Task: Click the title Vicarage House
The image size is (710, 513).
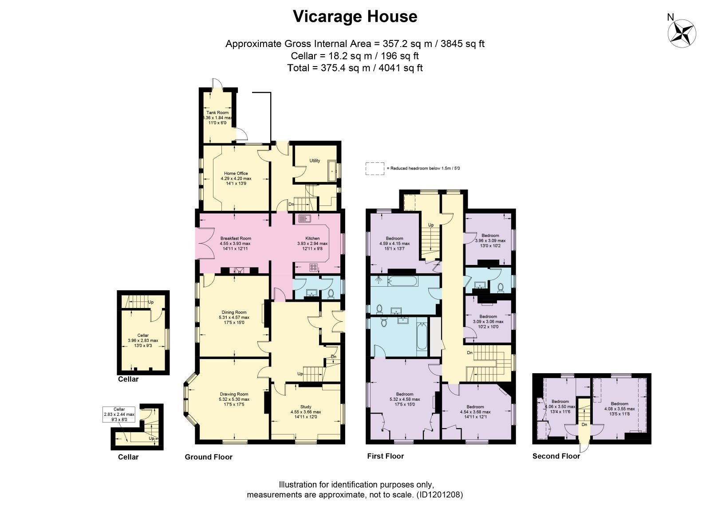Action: [355, 16]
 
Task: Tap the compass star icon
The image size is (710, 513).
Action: [682, 33]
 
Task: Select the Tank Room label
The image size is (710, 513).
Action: [217, 113]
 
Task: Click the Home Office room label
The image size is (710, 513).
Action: [236, 174]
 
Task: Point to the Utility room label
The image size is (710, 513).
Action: [315, 161]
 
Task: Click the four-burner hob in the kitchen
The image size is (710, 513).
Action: [313, 267]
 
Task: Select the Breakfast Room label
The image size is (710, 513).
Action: [236, 238]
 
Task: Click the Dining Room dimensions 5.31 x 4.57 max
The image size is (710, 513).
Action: [234, 317]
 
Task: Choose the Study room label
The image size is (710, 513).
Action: [306, 407]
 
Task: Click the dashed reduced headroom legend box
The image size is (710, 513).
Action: [375, 169]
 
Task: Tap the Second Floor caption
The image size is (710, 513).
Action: [556, 456]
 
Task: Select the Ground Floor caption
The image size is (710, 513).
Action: [209, 457]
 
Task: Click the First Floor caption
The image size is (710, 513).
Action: [386, 456]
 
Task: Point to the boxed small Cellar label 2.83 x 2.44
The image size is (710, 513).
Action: [119, 414]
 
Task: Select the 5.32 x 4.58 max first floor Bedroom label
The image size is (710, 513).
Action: [405, 399]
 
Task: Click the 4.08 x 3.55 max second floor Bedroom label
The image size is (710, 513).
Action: [619, 409]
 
